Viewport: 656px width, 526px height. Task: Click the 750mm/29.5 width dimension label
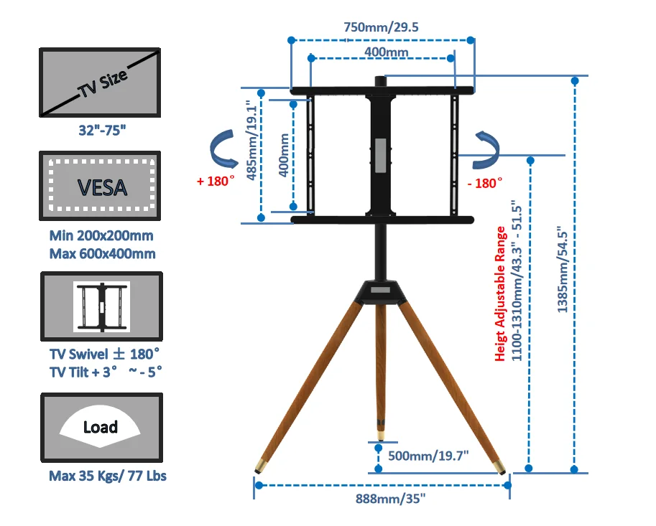(x=381, y=27)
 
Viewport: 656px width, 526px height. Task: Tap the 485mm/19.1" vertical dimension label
(x=251, y=142)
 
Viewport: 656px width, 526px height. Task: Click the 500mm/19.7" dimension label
(x=428, y=455)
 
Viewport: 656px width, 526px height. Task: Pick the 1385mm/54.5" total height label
(x=563, y=268)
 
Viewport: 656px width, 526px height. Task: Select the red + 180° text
(x=216, y=181)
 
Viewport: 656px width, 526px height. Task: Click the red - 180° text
(x=484, y=183)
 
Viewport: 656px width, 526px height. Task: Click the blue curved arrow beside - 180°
(x=481, y=149)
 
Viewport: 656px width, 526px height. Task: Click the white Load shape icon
(x=100, y=426)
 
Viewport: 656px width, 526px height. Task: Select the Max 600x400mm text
(x=102, y=253)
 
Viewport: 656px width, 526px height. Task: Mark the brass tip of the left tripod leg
(x=257, y=466)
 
